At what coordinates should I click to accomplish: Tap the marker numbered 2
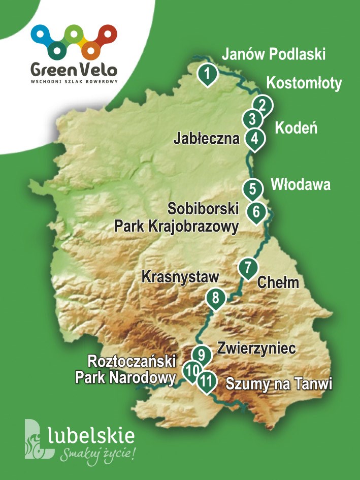(x=263, y=105)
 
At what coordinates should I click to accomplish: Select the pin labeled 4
(x=254, y=138)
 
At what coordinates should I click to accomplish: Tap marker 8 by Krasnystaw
(x=215, y=298)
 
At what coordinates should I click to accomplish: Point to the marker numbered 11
(x=206, y=381)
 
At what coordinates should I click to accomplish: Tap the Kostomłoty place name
(x=304, y=83)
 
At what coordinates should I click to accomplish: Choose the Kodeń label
(x=296, y=128)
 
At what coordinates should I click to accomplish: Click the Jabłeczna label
(x=206, y=138)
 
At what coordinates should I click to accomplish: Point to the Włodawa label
(x=301, y=184)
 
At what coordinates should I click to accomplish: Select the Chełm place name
(x=279, y=283)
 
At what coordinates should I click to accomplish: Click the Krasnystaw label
(x=180, y=277)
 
